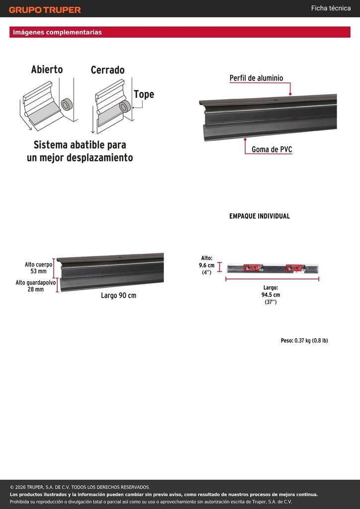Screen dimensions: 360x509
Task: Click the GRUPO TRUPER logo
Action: coord(45,10)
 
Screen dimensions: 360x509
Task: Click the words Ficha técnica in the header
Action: coord(331,8)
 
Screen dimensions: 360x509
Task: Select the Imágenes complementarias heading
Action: coord(57,32)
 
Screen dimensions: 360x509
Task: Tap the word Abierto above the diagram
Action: coord(47,69)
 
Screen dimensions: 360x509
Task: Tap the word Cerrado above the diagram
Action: coord(107,70)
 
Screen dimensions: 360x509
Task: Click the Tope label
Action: coord(144,94)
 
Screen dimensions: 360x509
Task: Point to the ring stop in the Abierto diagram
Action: coord(67,104)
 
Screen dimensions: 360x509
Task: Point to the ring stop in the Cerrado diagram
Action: coord(125,107)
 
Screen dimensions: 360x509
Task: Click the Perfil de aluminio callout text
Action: coord(256,78)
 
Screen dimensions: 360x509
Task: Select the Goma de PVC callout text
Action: coord(271,150)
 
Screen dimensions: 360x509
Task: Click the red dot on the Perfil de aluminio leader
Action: coord(290,94)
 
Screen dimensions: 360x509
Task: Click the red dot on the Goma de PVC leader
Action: coord(245,139)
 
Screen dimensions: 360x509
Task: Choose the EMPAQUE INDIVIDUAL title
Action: coord(260,216)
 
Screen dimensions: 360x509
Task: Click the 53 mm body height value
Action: coord(39,271)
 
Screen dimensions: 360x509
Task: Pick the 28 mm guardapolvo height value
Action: coord(36,289)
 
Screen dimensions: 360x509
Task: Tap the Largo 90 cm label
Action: coord(118,296)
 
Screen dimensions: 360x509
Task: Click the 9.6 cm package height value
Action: coord(207,265)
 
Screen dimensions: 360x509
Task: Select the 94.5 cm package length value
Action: coord(270,295)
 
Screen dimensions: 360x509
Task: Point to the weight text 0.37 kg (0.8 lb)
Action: coord(311,340)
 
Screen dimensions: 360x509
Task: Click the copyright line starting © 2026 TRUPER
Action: coord(80,487)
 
